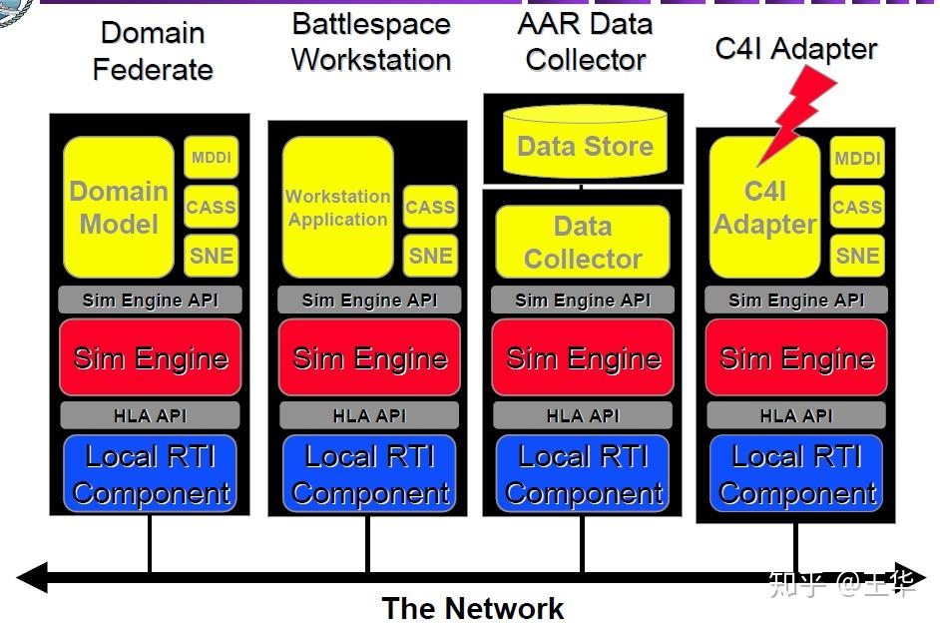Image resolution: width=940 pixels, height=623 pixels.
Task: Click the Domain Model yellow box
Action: pos(119,207)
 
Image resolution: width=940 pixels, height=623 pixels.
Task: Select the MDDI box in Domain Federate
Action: pos(211,157)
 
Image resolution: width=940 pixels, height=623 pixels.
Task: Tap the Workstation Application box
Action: pos(337,207)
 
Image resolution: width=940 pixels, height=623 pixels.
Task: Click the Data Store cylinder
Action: pos(585,142)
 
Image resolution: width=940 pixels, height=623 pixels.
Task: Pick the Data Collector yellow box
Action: pos(583,242)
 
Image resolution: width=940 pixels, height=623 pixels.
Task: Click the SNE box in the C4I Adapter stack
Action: pos(857,256)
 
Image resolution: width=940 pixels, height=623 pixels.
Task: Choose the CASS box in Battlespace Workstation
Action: pos(430,207)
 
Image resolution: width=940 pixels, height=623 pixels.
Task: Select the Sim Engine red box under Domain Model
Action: pos(151,357)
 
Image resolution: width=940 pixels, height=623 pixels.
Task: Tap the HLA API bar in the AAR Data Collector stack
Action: pos(583,415)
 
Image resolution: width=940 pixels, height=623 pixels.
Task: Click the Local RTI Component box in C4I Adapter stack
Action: pos(796,473)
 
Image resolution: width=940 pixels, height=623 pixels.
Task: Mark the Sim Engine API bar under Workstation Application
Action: pos(369,300)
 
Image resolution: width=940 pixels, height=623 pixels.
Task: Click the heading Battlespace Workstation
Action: pos(371,42)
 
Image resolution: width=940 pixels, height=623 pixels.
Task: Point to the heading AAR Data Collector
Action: pos(585,42)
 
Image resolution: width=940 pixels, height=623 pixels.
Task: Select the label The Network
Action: pos(473,608)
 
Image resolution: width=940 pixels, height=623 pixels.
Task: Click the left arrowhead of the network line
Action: pos(31,577)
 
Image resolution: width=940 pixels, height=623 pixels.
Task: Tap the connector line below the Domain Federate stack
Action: pos(150,543)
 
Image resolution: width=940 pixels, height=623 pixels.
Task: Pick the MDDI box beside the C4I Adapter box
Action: pos(857,157)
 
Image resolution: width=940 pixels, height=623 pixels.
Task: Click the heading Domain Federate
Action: pos(153,51)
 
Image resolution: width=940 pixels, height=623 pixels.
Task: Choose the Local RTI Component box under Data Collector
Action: pos(583,473)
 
